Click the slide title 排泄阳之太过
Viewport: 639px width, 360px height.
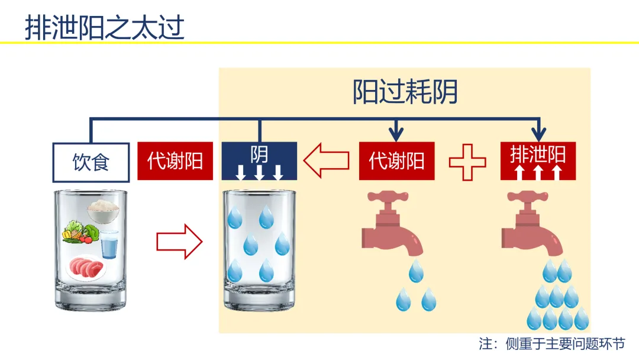pyautogui.click(x=105, y=27)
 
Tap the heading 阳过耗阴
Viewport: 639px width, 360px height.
pyautogui.click(x=405, y=92)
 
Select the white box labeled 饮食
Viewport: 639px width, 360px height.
pyautogui.click(x=91, y=162)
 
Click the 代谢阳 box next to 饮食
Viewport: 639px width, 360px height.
pyautogui.click(x=175, y=160)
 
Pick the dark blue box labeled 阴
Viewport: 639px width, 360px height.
pyautogui.click(x=259, y=160)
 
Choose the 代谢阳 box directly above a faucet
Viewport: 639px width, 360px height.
pyautogui.click(x=396, y=160)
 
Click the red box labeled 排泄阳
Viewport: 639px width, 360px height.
pyautogui.click(x=538, y=160)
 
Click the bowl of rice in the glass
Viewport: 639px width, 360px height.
pyautogui.click(x=103, y=211)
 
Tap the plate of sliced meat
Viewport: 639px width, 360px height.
pyautogui.click(x=86, y=268)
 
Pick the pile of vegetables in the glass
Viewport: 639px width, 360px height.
pyautogui.click(x=80, y=232)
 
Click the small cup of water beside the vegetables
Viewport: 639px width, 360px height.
pyautogui.click(x=109, y=244)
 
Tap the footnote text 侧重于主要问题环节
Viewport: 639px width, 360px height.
pyautogui.click(x=565, y=343)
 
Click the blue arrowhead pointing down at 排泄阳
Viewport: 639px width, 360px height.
pyautogui.click(x=539, y=134)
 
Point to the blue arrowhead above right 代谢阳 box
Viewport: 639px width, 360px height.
pyautogui.click(x=396, y=134)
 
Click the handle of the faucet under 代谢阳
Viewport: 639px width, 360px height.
pyautogui.click(x=388, y=197)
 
